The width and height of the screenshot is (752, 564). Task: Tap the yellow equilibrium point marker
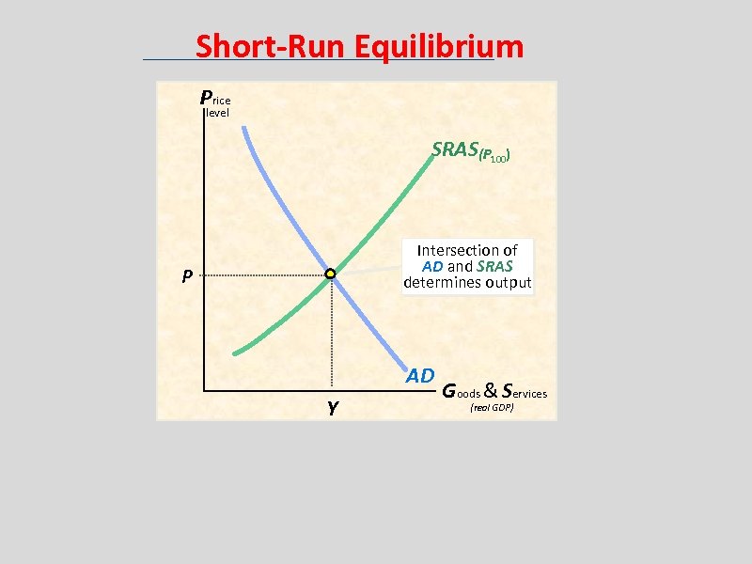(331, 274)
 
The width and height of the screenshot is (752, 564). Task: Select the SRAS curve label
(455, 149)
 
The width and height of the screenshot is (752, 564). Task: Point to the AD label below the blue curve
(419, 376)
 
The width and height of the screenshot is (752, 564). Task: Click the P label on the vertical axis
(188, 276)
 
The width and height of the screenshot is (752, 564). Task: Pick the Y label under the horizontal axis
(333, 407)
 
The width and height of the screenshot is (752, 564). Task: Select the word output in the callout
(508, 282)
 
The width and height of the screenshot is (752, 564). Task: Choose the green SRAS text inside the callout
(494, 266)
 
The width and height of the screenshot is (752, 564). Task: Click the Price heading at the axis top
(214, 97)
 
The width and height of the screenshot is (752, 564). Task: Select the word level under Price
(217, 113)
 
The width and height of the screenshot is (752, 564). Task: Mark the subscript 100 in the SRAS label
(497, 158)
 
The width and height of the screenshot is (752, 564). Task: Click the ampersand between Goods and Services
(491, 390)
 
